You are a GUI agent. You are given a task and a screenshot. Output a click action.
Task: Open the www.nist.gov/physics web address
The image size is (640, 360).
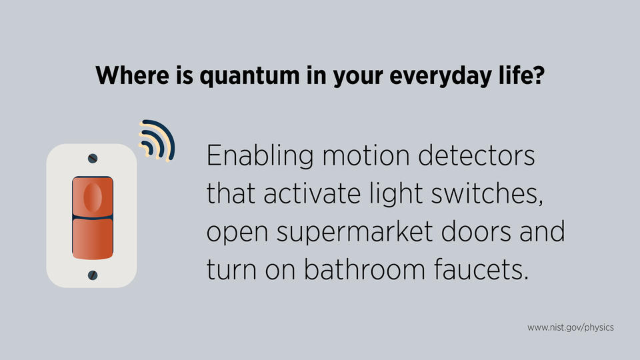click(x=570, y=328)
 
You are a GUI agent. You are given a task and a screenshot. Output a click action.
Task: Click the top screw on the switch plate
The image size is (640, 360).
click(x=93, y=158)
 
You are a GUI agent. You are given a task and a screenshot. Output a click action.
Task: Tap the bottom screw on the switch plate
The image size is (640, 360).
click(x=93, y=273)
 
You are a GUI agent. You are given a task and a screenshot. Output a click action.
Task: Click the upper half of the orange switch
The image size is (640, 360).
click(x=92, y=197)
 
